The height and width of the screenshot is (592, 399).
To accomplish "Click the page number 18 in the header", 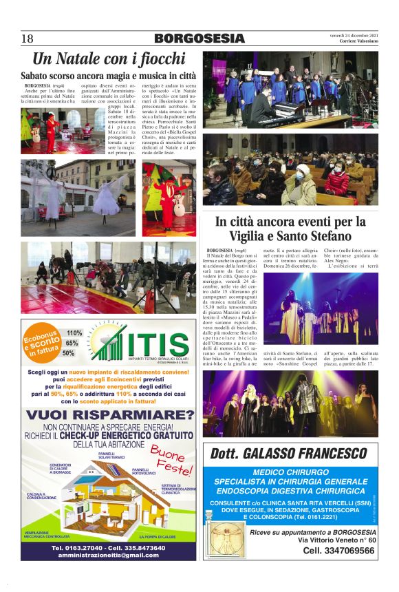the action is pyautogui.click(x=28, y=38).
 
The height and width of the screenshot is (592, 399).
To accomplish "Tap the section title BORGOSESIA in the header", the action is pyautogui.click(x=199, y=39).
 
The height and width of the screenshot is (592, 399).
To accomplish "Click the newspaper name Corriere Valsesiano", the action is pyautogui.click(x=358, y=41).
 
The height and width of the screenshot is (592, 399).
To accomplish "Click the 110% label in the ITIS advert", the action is pyautogui.click(x=74, y=333).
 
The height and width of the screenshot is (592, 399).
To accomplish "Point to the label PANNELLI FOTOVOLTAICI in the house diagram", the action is pyautogui.click(x=145, y=471).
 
